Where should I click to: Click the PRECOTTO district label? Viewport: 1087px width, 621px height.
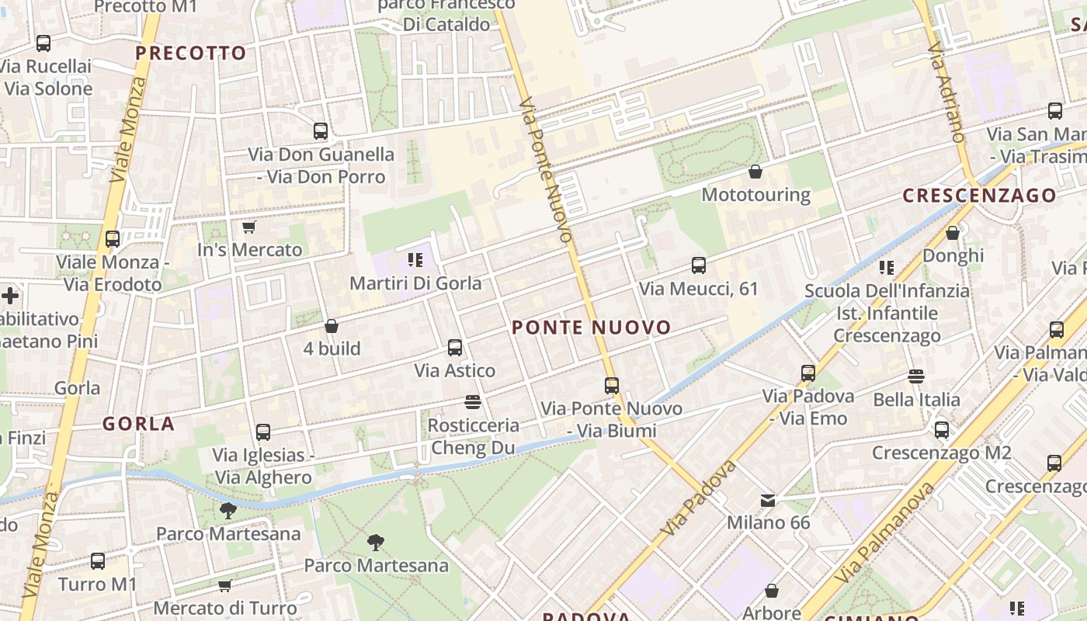(x=190, y=54)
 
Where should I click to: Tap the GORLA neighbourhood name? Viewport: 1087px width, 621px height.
(x=139, y=424)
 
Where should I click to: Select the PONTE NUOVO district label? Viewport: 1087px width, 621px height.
(x=592, y=328)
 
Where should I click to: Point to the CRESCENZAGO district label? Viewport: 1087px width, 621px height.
(x=980, y=196)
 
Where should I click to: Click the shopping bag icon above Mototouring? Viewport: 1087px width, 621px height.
(x=755, y=172)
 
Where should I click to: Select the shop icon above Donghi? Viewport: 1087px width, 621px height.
(x=953, y=233)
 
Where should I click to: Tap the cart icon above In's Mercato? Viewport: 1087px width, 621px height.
(x=248, y=227)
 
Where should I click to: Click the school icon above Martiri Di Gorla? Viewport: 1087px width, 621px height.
(x=415, y=260)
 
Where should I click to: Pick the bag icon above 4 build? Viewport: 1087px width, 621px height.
(x=332, y=326)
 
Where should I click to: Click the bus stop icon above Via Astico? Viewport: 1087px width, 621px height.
(x=455, y=348)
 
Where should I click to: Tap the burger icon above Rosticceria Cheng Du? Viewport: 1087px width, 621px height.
(x=473, y=402)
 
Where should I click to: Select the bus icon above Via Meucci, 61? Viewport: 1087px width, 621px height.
(x=699, y=265)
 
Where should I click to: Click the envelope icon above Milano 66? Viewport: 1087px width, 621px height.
(x=768, y=500)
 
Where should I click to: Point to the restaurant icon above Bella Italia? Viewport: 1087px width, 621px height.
(x=916, y=376)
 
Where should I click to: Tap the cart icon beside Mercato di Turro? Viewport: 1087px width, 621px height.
(x=225, y=585)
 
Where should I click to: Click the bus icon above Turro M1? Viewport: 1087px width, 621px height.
(x=98, y=560)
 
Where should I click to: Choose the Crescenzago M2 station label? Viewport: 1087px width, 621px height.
(x=941, y=453)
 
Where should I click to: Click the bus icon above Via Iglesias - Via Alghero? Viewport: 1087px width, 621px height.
(x=263, y=432)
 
